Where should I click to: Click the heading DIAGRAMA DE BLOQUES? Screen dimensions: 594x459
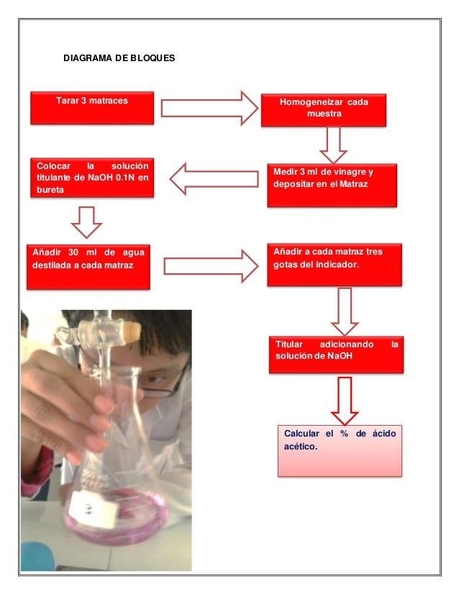click(x=119, y=55)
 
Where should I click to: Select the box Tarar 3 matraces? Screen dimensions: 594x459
click(x=91, y=107)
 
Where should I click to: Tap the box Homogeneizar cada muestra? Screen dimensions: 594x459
click(x=324, y=109)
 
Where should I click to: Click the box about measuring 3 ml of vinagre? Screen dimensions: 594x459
click(x=331, y=186)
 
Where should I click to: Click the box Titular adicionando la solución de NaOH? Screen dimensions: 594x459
click(x=336, y=354)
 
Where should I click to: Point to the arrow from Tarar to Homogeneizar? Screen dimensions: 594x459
click(x=209, y=109)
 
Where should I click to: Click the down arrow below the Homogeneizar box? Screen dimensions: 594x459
click(x=333, y=145)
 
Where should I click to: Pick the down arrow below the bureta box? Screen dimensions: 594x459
click(x=88, y=221)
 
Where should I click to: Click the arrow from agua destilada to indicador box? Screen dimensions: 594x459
click(x=211, y=267)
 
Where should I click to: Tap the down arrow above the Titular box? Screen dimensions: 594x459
click(x=344, y=311)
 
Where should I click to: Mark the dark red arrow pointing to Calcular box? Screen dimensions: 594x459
click(x=345, y=400)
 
